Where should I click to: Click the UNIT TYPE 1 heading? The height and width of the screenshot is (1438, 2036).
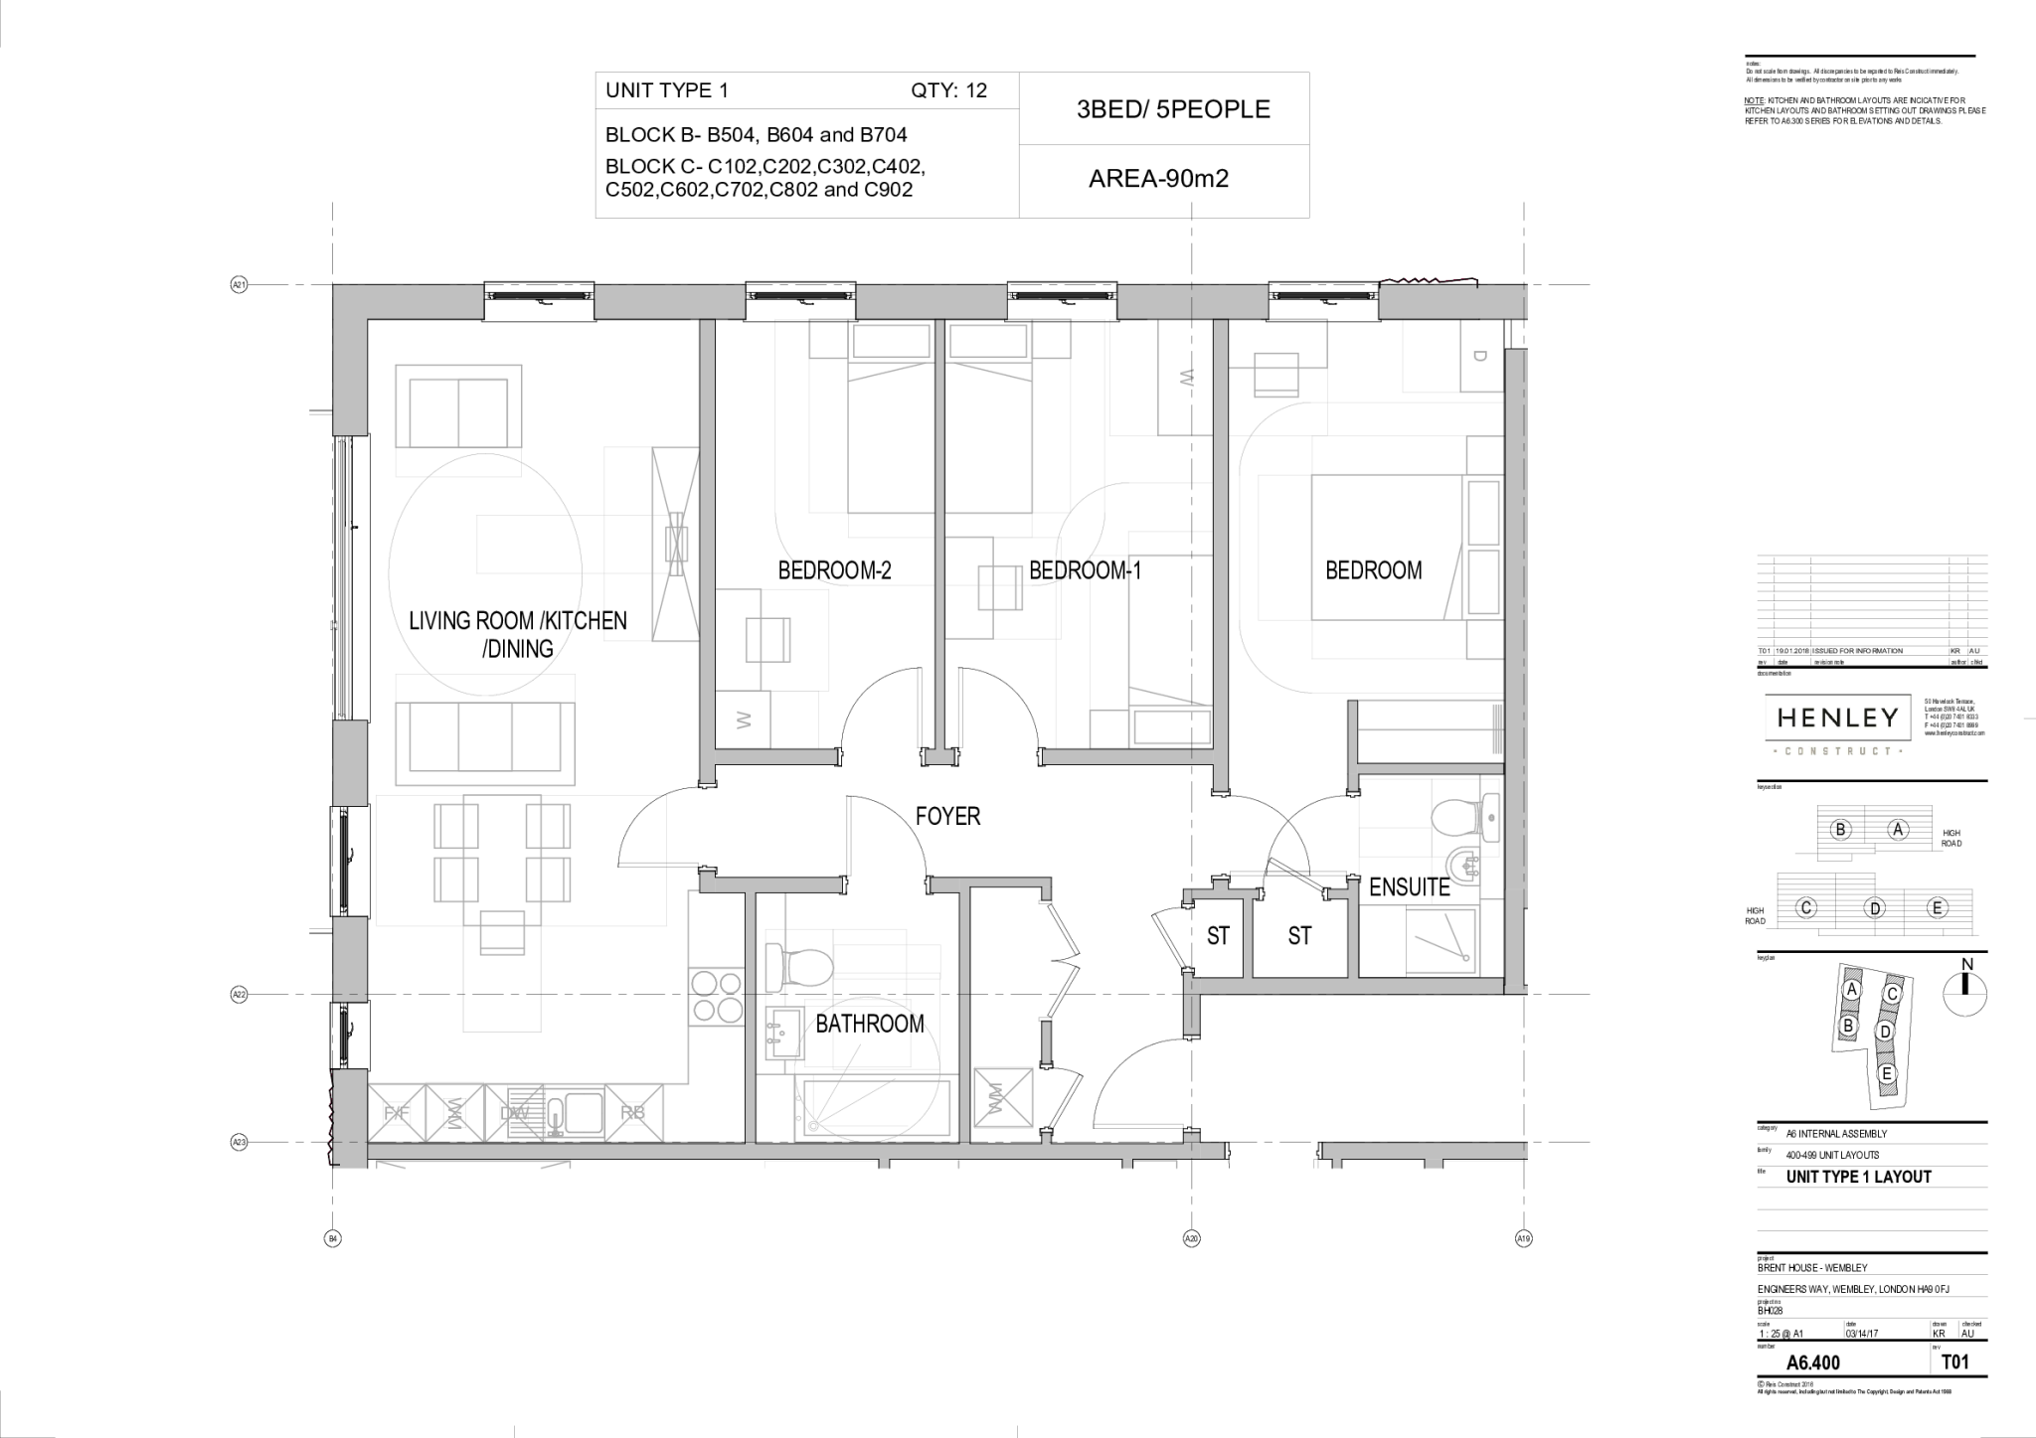click(x=667, y=90)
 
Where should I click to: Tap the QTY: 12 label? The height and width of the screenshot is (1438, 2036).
click(x=948, y=90)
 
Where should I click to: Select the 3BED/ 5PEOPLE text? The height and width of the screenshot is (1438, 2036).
click(x=1173, y=109)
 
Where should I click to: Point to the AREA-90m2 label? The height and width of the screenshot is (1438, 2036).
click(x=1158, y=179)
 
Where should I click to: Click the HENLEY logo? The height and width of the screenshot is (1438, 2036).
click(x=1837, y=719)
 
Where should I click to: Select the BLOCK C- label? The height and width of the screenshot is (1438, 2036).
click(x=654, y=166)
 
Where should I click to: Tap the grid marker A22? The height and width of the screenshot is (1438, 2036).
click(x=239, y=995)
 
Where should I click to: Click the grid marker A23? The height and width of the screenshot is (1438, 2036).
click(x=239, y=1143)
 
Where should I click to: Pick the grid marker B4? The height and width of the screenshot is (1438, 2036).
click(x=333, y=1238)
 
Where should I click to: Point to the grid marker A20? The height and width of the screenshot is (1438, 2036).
click(x=1191, y=1238)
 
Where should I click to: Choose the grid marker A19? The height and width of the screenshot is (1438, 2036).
click(x=1523, y=1238)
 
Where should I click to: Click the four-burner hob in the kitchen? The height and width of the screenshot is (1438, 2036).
click(x=717, y=997)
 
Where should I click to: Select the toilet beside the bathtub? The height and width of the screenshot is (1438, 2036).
click(x=803, y=965)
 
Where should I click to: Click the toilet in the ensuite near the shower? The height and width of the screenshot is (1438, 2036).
click(x=1456, y=820)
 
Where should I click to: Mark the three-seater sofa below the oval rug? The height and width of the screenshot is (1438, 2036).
click(x=485, y=736)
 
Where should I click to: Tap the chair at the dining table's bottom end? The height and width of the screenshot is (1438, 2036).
click(x=503, y=933)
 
